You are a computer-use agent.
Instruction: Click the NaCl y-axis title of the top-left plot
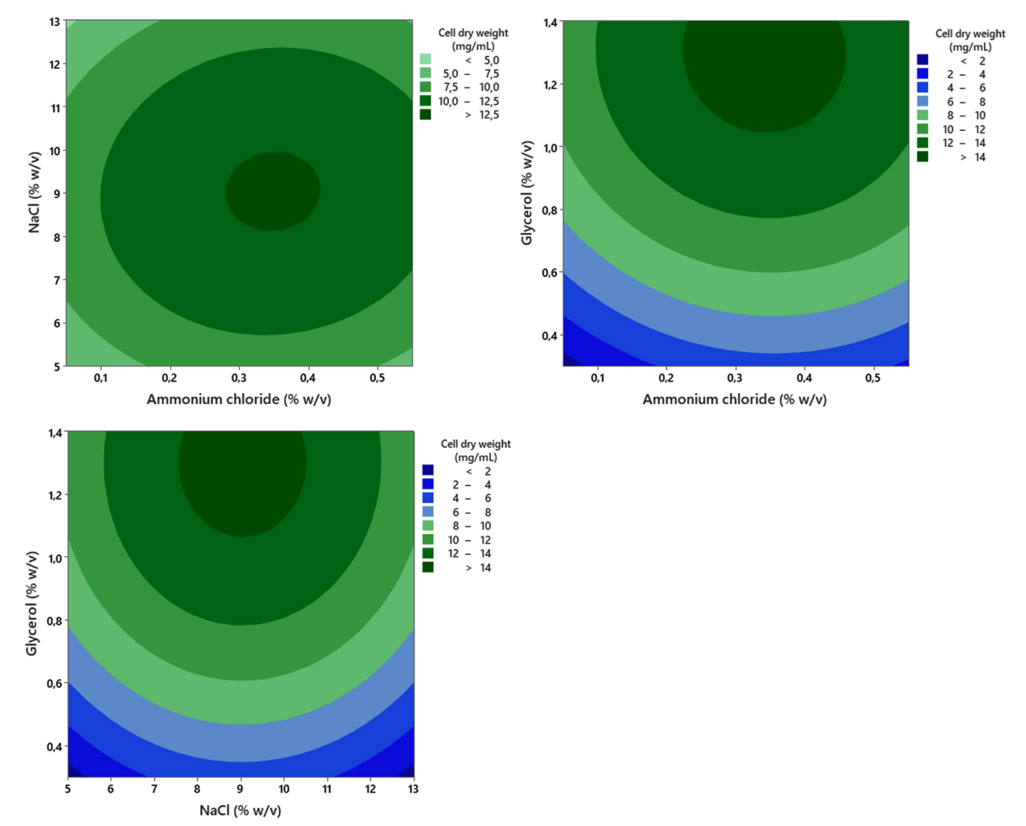coord(34,192)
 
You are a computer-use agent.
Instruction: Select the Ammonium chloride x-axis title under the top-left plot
coord(239,399)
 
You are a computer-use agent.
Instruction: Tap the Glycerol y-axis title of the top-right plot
coord(526,192)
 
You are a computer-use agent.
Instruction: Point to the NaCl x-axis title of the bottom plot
coord(240,810)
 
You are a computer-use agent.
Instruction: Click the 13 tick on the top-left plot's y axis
coord(54,21)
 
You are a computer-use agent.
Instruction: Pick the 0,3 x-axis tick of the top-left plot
coord(239,378)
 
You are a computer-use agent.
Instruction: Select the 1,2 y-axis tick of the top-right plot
coord(551,85)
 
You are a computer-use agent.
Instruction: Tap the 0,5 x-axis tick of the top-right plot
coord(872,378)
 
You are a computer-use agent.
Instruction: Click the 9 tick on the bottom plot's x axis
coord(240,789)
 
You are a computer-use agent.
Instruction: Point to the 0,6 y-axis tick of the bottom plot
coord(55,683)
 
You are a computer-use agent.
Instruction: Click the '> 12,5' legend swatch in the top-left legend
coord(426,115)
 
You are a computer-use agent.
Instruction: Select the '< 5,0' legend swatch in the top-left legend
coord(426,59)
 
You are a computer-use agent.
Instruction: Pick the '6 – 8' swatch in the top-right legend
coord(923,101)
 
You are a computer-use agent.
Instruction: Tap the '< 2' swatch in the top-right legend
coord(923,60)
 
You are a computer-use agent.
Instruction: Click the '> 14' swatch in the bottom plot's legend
coord(428,567)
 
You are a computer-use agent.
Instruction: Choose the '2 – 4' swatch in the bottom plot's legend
coord(428,484)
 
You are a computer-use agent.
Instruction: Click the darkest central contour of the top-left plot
coord(273,191)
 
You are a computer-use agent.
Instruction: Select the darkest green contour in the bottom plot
coord(242,482)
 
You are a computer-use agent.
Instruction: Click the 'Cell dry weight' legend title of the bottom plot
coord(475,444)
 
